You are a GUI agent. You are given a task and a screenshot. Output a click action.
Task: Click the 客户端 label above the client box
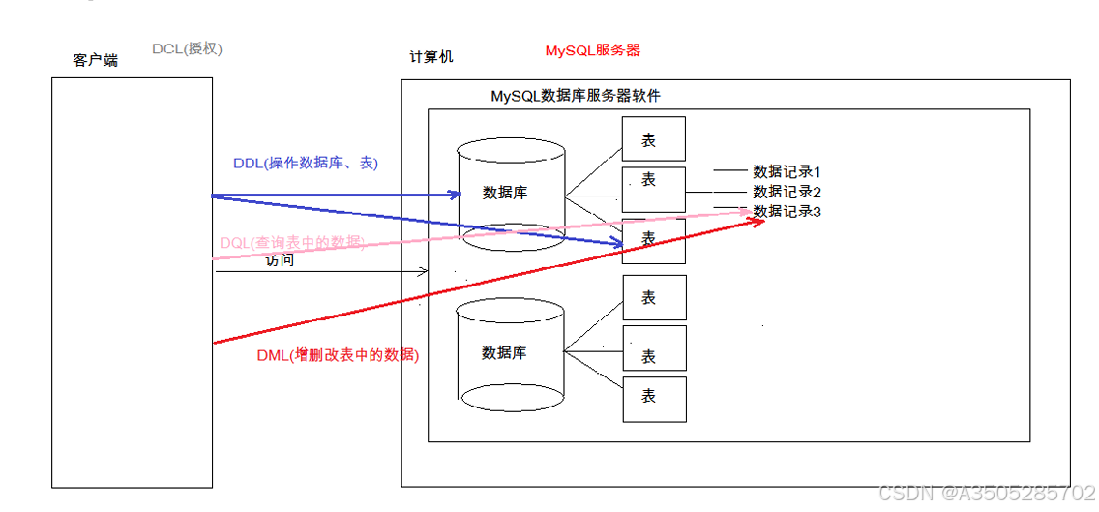(96, 60)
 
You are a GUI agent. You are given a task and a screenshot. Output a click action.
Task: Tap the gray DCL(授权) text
(193, 47)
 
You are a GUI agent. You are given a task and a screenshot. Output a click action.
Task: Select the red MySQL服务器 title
(592, 50)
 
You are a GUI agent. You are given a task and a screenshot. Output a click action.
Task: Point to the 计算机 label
(431, 57)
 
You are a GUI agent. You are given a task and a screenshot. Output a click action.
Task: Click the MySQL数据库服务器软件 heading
(576, 96)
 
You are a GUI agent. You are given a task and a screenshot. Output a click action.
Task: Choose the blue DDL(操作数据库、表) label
(306, 164)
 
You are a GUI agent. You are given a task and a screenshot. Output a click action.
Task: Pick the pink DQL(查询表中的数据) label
(292, 243)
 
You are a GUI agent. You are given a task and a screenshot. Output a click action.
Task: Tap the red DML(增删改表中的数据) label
(338, 355)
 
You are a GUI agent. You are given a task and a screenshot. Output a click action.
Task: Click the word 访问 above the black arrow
(280, 260)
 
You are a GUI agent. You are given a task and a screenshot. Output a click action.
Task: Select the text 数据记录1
(787, 171)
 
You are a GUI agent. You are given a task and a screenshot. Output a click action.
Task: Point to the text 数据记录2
(787, 192)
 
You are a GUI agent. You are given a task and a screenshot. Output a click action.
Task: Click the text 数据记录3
(787, 211)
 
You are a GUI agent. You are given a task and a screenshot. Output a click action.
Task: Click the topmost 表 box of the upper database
(654, 139)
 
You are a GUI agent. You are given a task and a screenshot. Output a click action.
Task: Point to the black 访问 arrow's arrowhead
(423, 272)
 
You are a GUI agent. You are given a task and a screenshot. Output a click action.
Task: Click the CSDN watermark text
(985, 493)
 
